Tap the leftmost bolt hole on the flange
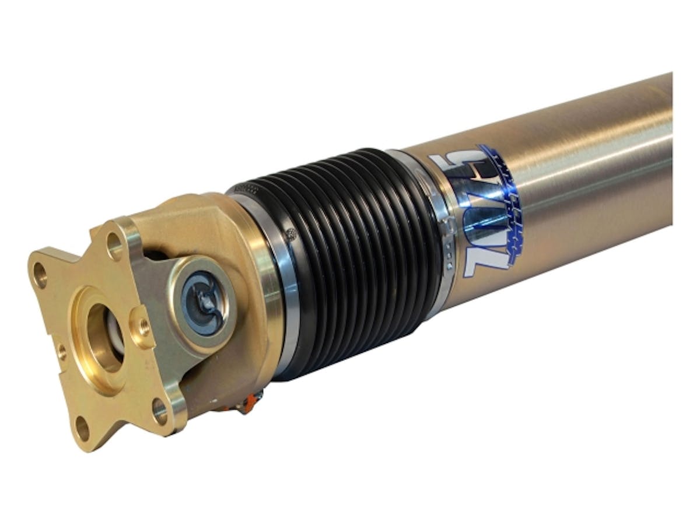tap(41, 274)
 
